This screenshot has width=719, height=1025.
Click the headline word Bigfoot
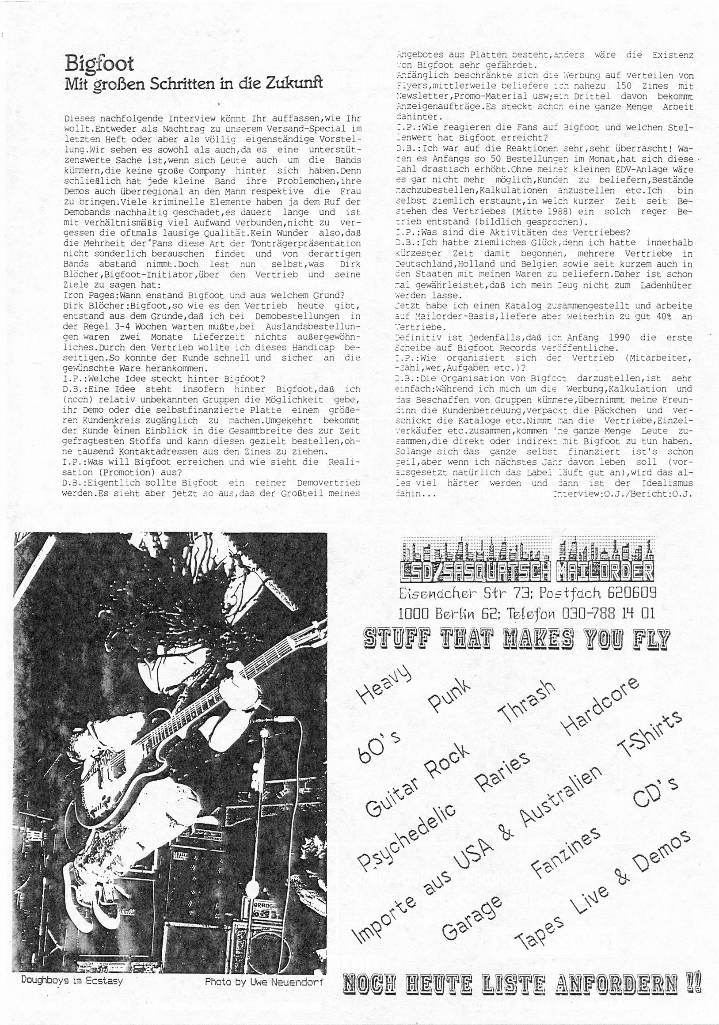tap(99, 64)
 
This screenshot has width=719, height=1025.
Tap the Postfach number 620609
tap(628, 593)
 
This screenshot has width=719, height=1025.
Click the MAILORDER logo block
tap(605, 572)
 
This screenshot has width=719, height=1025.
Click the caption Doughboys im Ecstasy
tap(72, 981)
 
